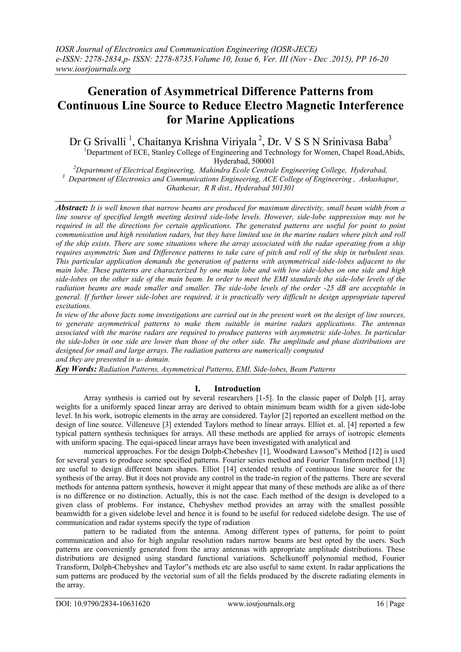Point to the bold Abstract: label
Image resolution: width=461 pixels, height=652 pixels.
click(72, 208)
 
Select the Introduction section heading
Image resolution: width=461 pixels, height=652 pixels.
click(237, 388)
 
